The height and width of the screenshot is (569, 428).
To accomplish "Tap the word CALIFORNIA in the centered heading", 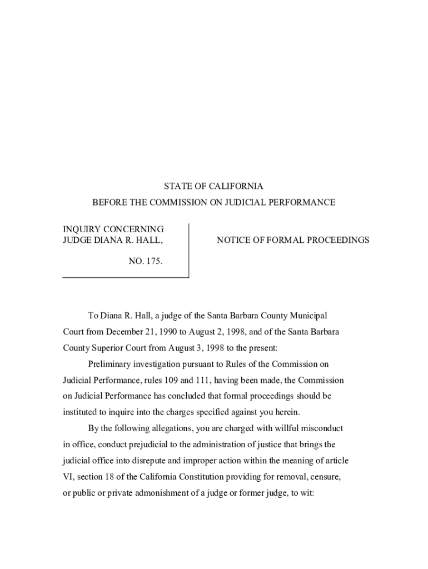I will [x=233, y=187].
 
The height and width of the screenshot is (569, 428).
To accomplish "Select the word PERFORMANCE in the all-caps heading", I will [x=308, y=203].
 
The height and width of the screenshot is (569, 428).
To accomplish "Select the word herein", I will [x=287, y=412].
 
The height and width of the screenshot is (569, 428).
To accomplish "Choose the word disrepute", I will [x=180, y=461].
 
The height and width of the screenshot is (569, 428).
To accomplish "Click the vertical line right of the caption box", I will [x=189, y=250].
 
